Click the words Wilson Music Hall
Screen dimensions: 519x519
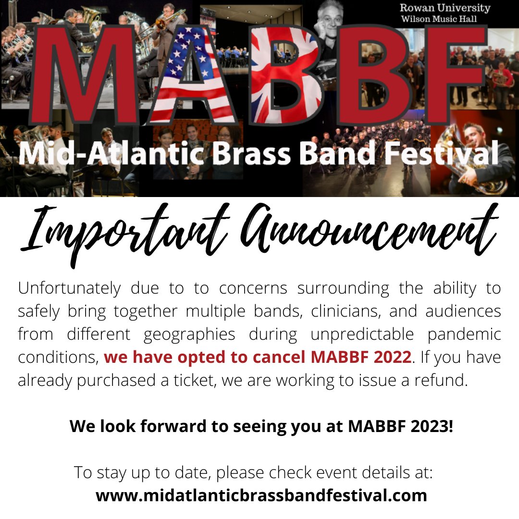[440, 19]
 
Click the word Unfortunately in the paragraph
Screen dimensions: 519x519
[69, 288]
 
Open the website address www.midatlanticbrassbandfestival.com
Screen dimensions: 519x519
[261, 494]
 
